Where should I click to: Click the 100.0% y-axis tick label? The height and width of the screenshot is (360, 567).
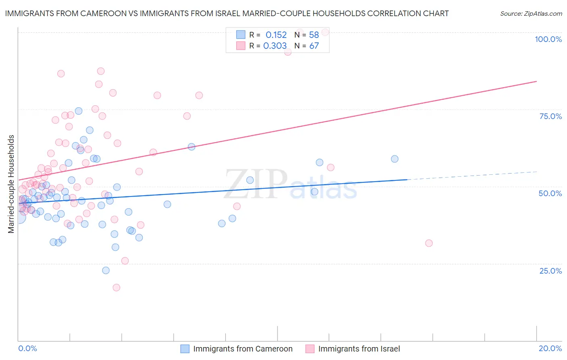tap(548, 39)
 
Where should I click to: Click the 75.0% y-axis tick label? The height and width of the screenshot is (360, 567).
tap(550, 116)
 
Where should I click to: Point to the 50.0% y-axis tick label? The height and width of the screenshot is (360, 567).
tap(550, 193)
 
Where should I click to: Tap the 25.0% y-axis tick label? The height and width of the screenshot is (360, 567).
tap(550, 271)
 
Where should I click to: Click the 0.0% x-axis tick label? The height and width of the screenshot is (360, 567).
tap(27, 348)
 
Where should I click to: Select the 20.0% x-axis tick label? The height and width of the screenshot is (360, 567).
tap(550, 348)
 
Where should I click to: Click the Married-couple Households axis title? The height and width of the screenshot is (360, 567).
tap(11, 184)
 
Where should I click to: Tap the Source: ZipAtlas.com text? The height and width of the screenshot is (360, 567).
tap(531, 14)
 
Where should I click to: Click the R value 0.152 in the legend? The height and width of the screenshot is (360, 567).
tap(276, 35)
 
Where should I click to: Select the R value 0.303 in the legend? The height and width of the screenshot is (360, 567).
tap(275, 46)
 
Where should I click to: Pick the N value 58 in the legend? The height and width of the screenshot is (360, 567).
tap(314, 35)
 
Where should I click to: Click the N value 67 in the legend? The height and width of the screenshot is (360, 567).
tap(314, 46)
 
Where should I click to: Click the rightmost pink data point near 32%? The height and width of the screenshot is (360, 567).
tap(429, 243)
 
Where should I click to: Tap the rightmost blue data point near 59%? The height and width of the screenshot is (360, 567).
tap(394, 159)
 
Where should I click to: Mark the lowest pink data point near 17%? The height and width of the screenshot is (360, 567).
tap(116, 287)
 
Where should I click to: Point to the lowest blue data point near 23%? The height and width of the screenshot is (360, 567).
tap(106, 270)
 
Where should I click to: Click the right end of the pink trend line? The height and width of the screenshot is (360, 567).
tap(536, 82)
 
